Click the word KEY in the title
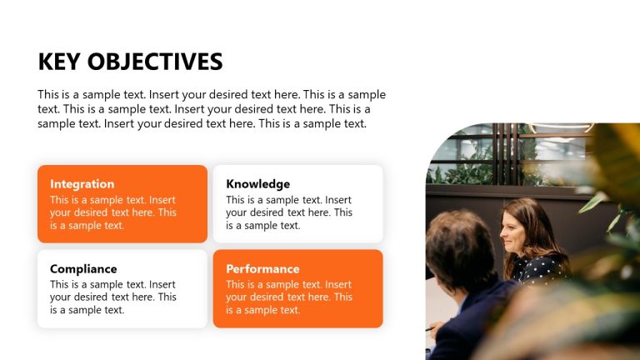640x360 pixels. point(59,62)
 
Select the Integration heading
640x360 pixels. point(82,184)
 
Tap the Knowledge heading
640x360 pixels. point(257,184)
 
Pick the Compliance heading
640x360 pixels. point(83,269)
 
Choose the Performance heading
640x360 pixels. point(262,269)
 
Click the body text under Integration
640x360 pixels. point(112,212)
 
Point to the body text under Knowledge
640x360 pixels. point(288,212)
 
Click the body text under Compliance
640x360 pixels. point(112,297)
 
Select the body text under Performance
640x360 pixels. point(288,297)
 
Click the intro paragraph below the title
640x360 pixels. point(212,109)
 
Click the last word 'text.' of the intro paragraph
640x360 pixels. point(351,124)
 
